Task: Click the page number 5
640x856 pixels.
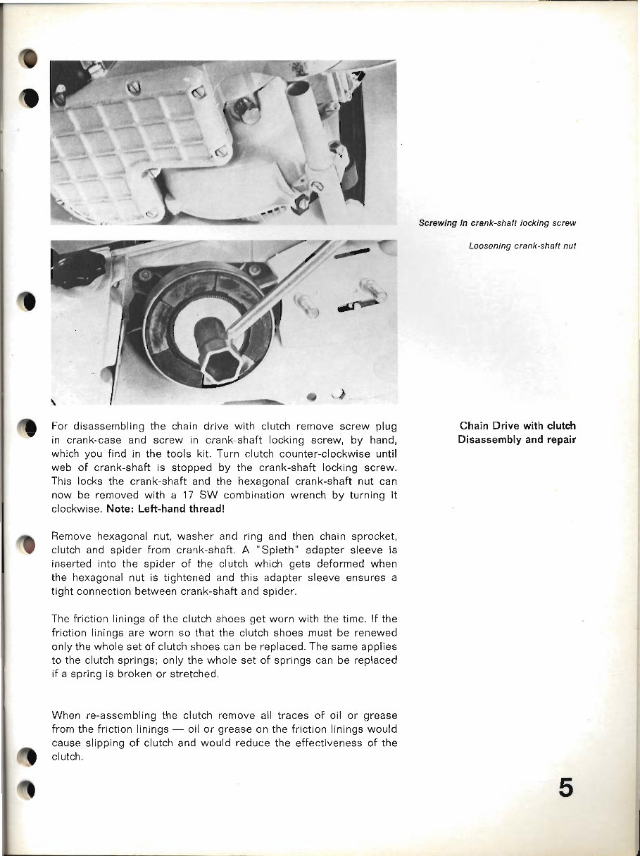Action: click(565, 786)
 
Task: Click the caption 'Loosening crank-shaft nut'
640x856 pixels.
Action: click(523, 246)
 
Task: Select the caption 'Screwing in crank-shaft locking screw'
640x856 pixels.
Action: click(497, 223)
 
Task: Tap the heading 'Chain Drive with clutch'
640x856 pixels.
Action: click(517, 426)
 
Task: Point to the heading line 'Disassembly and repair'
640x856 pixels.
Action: click(517, 440)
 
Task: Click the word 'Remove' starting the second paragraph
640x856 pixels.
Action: click(72, 536)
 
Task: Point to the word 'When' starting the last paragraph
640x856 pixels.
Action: click(67, 715)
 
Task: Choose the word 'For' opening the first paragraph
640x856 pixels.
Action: click(61, 426)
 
